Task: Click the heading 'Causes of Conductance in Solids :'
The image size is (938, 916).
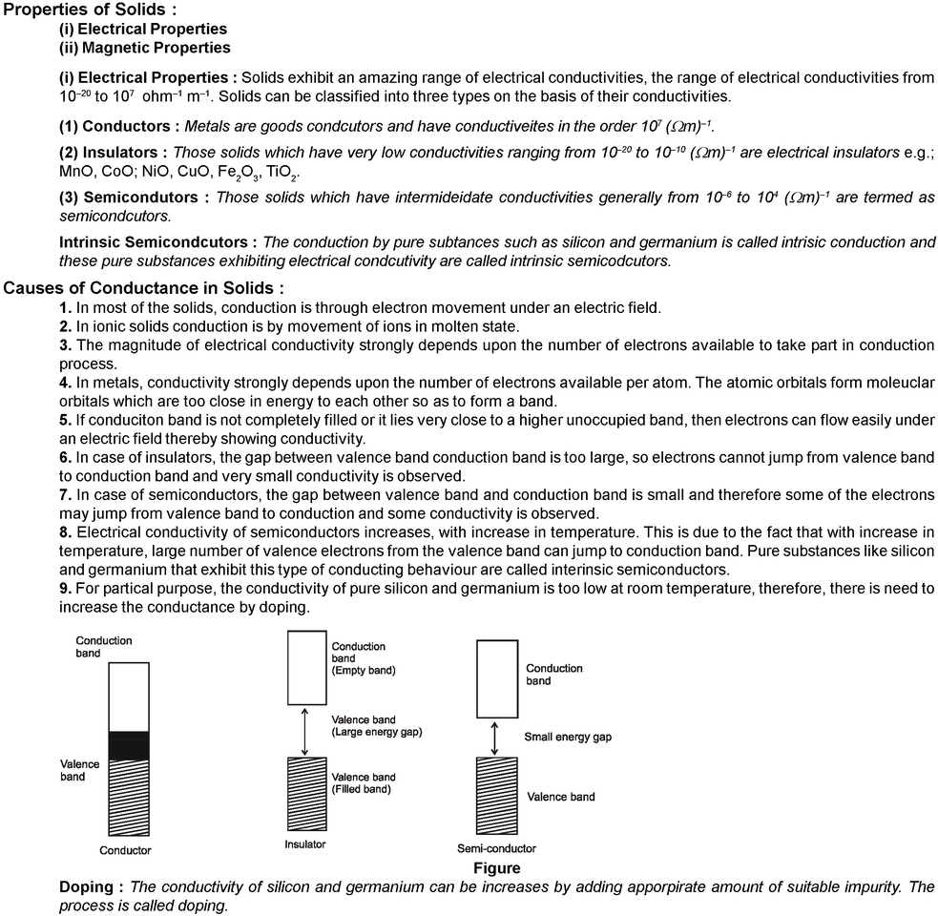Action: pos(144,288)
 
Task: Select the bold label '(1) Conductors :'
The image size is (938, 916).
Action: pos(119,126)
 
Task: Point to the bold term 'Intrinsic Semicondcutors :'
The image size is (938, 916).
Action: pos(158,242)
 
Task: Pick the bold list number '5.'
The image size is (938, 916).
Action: pos(65,421)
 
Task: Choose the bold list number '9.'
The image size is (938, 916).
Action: pos(65,589)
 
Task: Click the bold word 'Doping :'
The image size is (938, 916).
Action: pos(92,886)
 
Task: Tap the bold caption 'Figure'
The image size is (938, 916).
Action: pos(497,868)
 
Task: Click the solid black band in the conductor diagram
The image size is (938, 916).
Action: pos(129,745)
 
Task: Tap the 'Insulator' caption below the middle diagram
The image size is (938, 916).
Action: pos(305,844)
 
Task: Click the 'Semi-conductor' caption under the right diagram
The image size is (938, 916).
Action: pos(497,848)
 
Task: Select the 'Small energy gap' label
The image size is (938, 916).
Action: pos(568,738)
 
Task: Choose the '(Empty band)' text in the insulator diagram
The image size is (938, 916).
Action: pos(364,671)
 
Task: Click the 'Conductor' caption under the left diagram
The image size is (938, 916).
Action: pos(126,850)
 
